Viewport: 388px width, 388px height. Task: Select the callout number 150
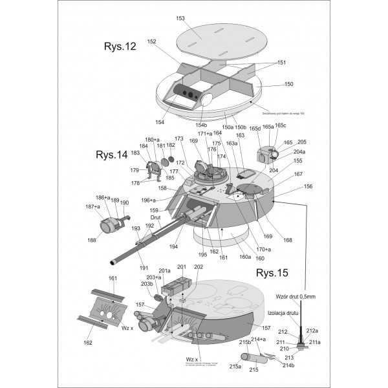(x=288, y=84)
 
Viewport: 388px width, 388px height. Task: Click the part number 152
(x=152, y=41)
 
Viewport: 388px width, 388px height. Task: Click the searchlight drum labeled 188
(x=109, y=227)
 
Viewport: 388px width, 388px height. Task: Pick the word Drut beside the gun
(x=155, y=217)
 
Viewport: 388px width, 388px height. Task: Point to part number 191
(x=143, y=268)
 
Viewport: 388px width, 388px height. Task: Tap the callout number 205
(x=301, y=142)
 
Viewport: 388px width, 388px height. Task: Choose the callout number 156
(x=308, y=186)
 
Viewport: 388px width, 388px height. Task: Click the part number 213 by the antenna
(x=288, y=358)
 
